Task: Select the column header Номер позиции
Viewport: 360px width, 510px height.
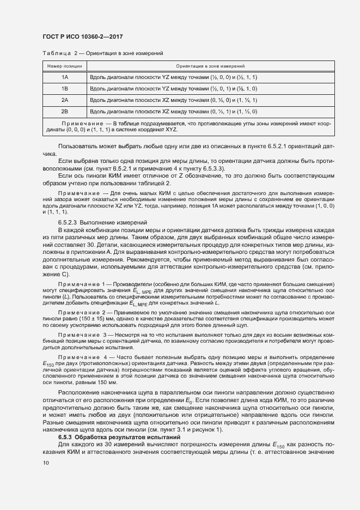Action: (x=65, y=66)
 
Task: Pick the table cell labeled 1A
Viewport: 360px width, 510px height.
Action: (x=65, y=77)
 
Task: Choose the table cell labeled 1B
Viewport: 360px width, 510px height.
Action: (x=65, y=89)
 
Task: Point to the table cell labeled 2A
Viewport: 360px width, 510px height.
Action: (x=65, y=100)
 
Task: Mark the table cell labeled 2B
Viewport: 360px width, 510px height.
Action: (x=65, y=112)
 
